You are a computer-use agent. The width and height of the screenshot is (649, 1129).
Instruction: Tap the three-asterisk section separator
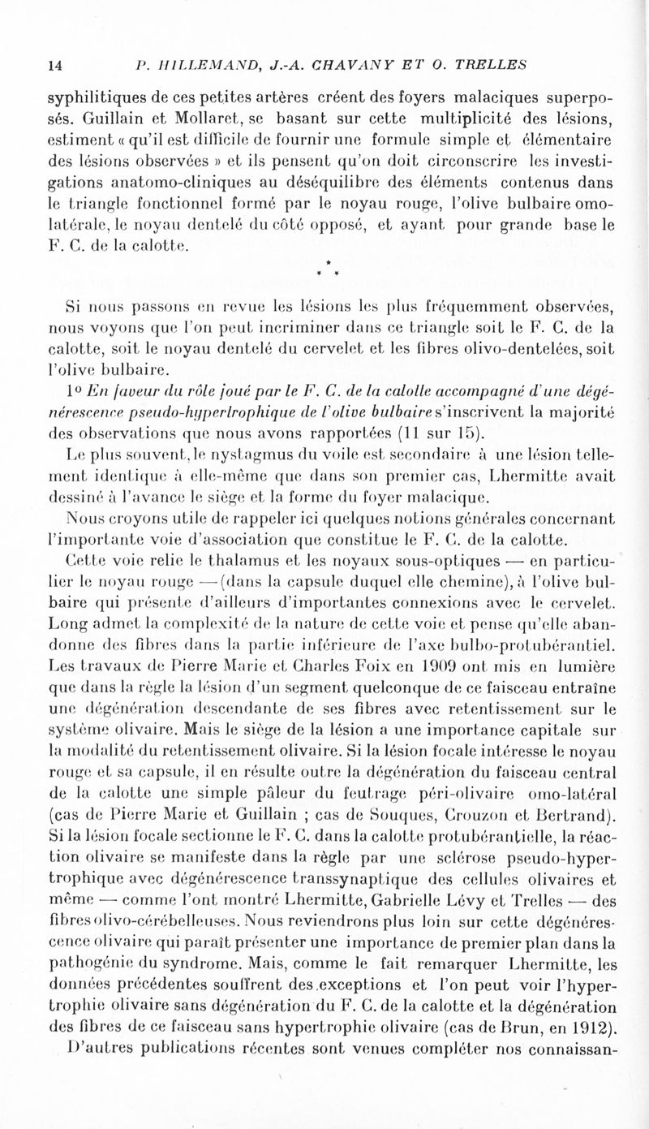[325, 265]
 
